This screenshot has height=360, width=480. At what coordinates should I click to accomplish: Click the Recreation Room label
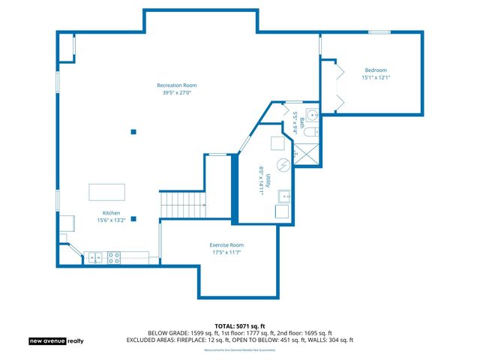coord(176,85)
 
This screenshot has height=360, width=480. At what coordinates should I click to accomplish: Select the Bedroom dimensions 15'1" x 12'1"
coord(376,77)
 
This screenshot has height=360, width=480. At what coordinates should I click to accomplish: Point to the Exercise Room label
coord(226,245)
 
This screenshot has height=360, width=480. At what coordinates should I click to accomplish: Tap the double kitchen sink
coord(95,257)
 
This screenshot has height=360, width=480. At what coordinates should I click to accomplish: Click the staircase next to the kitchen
coord(184,204)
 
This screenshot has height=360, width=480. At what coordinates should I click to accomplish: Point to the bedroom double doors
coord(338,86)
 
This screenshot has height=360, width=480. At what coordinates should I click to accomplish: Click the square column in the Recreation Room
coord(133,132)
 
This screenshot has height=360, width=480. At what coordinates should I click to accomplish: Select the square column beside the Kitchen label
coord(133,219)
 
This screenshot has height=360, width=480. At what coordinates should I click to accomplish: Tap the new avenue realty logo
coord(57,340)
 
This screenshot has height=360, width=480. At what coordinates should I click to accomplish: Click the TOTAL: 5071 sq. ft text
coord(239,325)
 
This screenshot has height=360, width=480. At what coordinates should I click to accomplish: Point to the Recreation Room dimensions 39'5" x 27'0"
coord(176,93)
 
